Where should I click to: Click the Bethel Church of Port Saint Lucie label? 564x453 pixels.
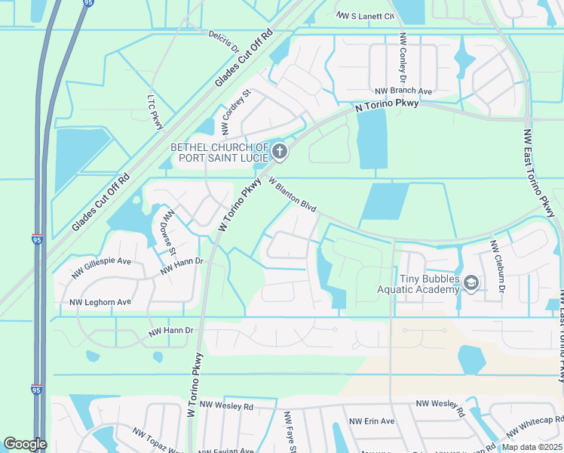point(219,153)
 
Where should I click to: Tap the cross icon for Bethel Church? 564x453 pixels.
point(280,153)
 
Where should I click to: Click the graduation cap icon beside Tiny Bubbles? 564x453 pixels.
point(471,283)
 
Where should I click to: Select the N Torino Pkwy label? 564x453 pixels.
point(387,107)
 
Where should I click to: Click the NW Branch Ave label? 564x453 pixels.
point(403,91)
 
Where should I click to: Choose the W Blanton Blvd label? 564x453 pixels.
point(291,196)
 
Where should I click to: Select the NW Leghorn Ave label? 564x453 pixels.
point(100,302)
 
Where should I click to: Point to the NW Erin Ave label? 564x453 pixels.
point(372,421)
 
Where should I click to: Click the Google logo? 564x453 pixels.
point(25,444)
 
